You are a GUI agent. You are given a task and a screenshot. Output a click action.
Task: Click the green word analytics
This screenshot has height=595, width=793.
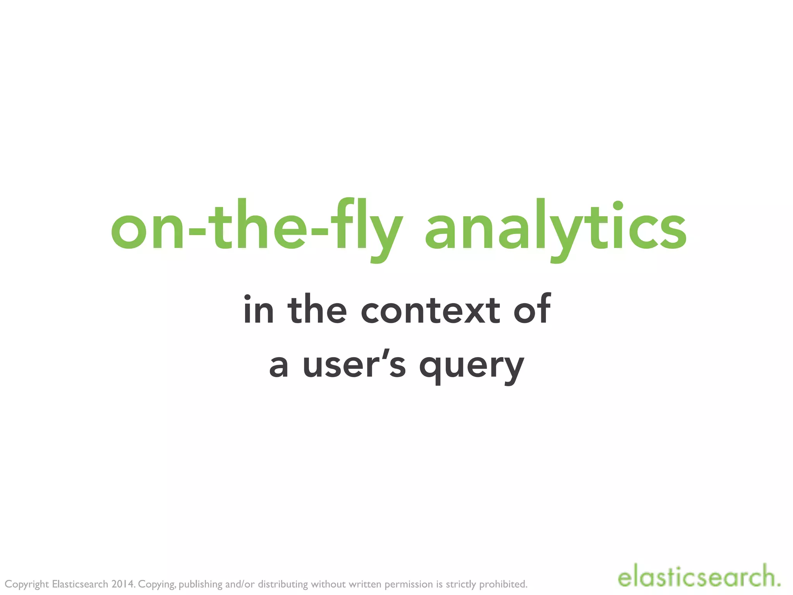point(556,229)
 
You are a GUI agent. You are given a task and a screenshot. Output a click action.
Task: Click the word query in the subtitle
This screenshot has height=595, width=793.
point(472,366)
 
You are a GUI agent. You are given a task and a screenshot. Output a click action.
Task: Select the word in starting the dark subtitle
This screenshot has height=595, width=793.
point(258,310)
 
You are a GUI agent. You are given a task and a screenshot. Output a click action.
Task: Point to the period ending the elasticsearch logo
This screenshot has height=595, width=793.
point(778,584)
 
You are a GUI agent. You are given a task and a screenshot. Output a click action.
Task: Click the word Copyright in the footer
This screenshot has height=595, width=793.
point(27,584)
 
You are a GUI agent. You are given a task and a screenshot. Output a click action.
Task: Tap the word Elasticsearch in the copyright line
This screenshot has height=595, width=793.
point(80,584)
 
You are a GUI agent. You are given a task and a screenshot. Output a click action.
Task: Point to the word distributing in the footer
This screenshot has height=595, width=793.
point(283,584)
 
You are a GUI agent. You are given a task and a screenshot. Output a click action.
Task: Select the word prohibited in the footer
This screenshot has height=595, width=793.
point(503,584)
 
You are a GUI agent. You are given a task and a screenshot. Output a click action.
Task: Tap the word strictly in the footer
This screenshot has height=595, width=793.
point(461,584)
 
